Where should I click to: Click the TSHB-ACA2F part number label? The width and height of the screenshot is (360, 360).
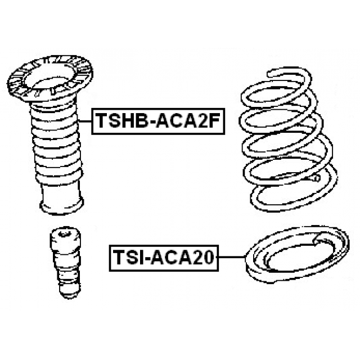[158, 121]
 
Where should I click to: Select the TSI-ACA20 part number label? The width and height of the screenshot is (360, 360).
[164, 258]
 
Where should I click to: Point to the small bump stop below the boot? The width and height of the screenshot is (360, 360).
[66, 262]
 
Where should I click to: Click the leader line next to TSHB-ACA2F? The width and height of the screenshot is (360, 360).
[85, 121]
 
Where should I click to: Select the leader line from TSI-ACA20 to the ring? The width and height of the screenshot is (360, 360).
[231, 257]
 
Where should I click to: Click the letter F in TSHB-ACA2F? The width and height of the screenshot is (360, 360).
[214, 121]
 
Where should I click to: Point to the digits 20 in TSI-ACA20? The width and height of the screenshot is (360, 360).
[205, 258]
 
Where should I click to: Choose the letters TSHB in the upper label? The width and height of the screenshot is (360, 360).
[121, 121]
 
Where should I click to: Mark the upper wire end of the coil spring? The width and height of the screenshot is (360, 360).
[270, 74]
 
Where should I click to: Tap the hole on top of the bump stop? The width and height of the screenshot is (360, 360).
[62, 234]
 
